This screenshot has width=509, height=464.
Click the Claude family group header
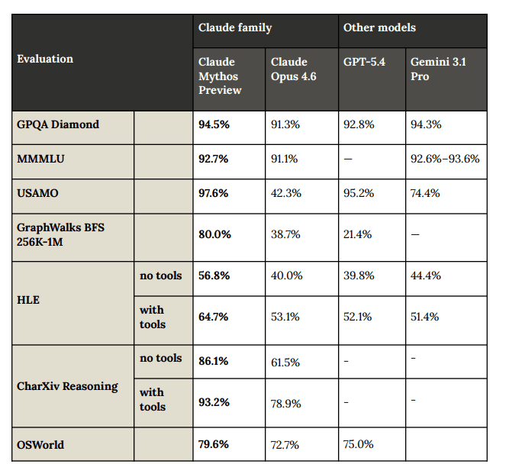[235, 27]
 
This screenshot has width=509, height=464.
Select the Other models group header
[379, 27]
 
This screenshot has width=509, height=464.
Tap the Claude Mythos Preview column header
[219, 76]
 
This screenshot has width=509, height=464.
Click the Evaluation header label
[45, 59]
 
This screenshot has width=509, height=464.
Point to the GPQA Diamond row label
[58, 124]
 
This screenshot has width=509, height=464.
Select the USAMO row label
[37, 193]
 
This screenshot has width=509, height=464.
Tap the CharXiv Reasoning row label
[67, 386]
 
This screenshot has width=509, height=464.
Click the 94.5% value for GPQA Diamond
[214, 124]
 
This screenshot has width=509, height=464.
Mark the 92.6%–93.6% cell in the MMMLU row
[445, 159]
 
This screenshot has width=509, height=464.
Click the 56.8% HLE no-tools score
[214, 275]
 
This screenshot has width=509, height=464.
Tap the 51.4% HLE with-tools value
[426, 317]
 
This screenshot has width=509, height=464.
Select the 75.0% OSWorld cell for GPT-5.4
[359, 444]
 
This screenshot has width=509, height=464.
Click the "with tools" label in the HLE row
[152, 317]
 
